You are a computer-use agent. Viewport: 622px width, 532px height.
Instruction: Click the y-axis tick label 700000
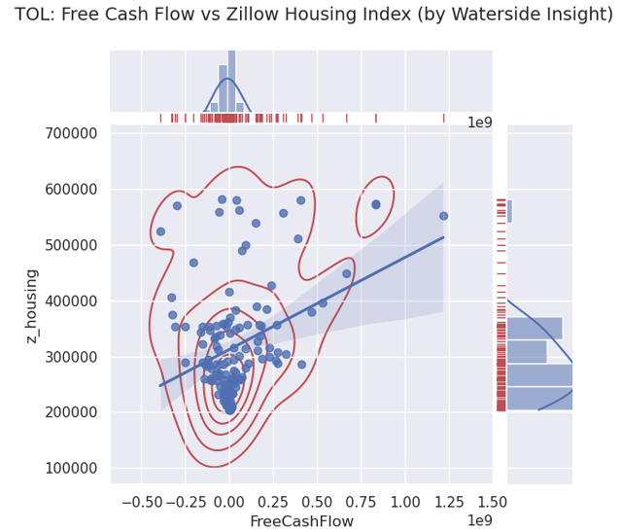point(72,133)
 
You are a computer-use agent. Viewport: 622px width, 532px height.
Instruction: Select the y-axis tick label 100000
point(72,468)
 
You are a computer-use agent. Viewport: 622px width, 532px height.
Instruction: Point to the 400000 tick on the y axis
point(72,301)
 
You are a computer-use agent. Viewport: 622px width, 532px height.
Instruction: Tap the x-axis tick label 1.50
point(492,503)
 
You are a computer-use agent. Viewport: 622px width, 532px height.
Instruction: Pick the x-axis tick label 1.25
point(448,503)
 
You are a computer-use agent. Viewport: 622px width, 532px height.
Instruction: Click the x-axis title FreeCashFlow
point(301,521)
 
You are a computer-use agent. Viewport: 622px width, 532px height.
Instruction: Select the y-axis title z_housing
point(32,305)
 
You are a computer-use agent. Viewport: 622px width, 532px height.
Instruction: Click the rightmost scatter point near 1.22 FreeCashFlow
point(443,216)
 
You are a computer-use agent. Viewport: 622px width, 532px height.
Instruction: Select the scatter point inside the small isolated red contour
point(376,204)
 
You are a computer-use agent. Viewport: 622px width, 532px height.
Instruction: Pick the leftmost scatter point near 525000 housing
point(160,231)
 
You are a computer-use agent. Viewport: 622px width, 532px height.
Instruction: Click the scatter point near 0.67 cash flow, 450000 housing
point(346,273)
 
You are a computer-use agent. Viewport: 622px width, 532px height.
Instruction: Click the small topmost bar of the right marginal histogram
point(509,211)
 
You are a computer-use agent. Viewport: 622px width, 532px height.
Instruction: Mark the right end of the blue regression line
point(443,236)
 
